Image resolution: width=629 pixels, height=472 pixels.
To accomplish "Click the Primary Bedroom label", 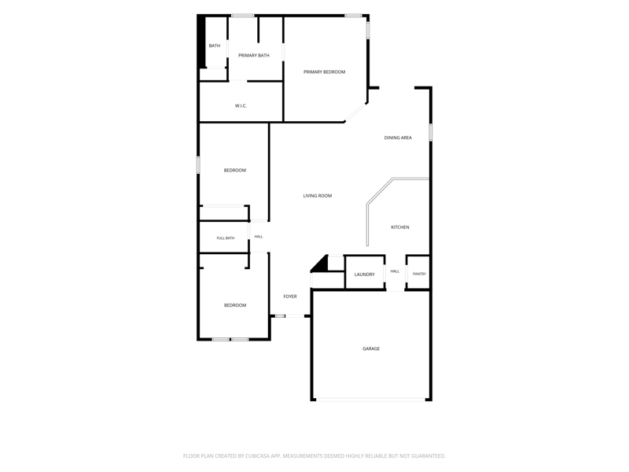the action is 324,72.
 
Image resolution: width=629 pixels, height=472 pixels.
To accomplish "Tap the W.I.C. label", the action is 241,106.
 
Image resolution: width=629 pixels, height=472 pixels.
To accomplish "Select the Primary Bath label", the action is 253,55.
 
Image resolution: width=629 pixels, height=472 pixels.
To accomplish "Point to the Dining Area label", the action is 398,138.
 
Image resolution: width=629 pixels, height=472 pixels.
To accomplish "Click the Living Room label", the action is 318,196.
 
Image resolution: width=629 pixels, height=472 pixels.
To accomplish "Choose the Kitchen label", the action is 400,227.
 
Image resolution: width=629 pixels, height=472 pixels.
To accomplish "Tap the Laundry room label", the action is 364,275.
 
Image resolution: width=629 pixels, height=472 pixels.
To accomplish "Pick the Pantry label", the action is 419,274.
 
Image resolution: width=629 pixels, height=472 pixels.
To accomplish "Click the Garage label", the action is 371,348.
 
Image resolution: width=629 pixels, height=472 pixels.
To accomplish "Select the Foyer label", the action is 290,297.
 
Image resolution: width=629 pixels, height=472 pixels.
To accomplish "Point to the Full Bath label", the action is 226,238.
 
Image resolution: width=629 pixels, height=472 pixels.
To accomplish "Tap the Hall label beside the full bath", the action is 259,237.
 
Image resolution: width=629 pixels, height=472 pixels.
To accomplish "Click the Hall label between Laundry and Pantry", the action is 395,271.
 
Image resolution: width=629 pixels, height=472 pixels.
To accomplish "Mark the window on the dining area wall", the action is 430,132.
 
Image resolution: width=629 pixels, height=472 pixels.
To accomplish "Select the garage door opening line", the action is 370,400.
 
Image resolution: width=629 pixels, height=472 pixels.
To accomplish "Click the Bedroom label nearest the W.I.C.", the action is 235,171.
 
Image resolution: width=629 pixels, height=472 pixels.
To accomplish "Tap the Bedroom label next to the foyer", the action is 235,305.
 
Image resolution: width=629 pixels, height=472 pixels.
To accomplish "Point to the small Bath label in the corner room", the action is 215,46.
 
